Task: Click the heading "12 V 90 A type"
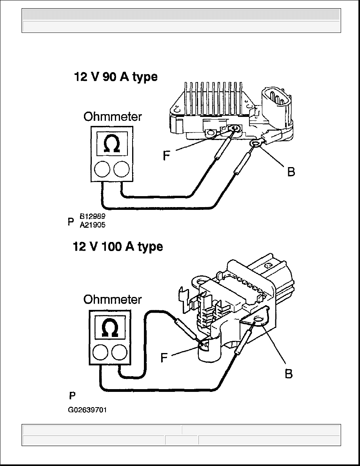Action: (116, 77)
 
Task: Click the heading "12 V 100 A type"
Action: (118, 247)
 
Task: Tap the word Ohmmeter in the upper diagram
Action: (113, 116)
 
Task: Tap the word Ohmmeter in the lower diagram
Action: (112, 299)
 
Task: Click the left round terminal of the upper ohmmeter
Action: (102, 169)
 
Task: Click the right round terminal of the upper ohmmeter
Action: (122, 169)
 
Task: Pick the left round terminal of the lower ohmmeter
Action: (100, 353)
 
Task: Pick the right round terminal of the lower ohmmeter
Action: (119, 353)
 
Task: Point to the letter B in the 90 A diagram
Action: (291, 172)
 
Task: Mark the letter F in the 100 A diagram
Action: (164, 358)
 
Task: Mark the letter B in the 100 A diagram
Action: (289, 373)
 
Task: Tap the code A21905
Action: (93, 225)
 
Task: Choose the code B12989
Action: (93, 216)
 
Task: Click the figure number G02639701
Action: (87, 410)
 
